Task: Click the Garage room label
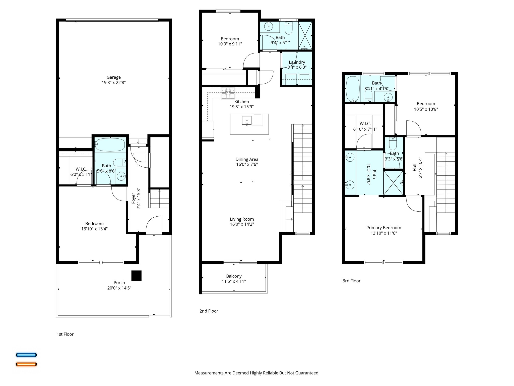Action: point(113,77)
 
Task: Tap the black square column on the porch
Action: point(137,276)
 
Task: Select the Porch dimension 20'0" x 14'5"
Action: point(119,288)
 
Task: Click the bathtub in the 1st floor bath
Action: point(110,144)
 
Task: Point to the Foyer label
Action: point(134,199)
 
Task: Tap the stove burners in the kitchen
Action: point(228,93)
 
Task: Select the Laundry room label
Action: point(297,62)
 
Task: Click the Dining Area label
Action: point(247,159)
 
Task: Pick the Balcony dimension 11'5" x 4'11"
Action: point(234,281)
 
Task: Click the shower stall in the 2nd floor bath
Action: point(305,35)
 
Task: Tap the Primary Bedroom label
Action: point(383,228)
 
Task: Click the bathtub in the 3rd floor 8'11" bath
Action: point(353,89)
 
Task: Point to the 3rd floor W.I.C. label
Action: point(365,124)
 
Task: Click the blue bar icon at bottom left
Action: point(26,355)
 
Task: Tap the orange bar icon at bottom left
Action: point(26,364)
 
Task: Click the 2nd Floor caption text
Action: point(209,311)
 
